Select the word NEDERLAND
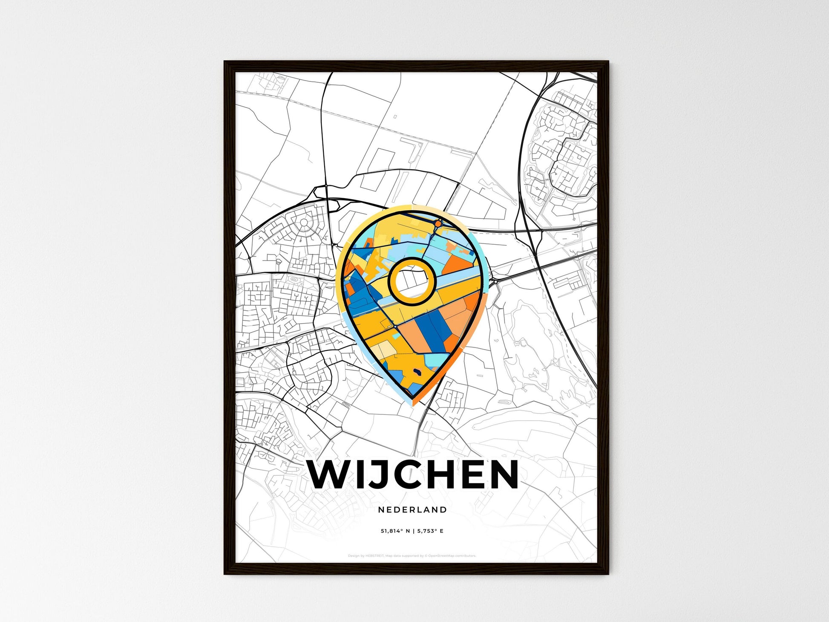412,509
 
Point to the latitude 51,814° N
395,531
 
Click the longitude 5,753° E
430,531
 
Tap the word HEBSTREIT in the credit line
375,555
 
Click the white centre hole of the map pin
412,281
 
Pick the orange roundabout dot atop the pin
438,223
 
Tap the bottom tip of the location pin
412,405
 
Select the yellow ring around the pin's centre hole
412,261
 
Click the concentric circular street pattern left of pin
304,223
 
